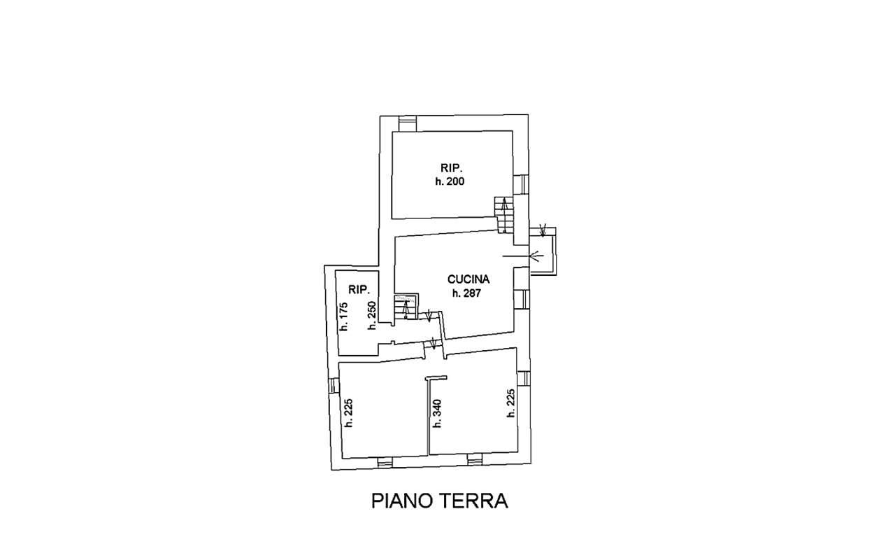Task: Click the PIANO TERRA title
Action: click(x=440, y=501)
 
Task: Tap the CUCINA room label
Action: click(x=468, y=279)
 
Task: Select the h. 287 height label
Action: click(x=466, y=293)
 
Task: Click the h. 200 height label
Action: click(x=450, y=181)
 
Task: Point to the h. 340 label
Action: click(x=437, y=413)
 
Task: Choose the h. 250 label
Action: click(x=373, y=315)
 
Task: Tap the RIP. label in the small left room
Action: click(x=359, y=289)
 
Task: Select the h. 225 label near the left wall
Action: click(x=349, y=413)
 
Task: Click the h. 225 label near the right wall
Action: click(x=510, y=403)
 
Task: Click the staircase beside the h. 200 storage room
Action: click(x=504, y=214)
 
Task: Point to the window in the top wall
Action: click(x=408, y=123)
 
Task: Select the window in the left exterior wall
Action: click(x=334, y=386)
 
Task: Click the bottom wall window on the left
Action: click(x=385, y=462)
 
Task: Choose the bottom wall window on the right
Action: click(x=475, y=459)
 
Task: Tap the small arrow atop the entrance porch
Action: click(x=543, y=231)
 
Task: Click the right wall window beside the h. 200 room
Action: click(x=521, y=183)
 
